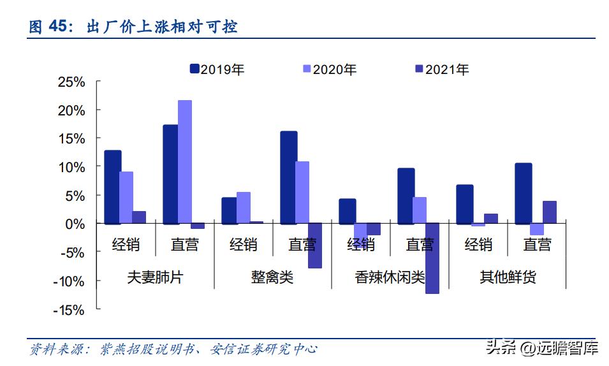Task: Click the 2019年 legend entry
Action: coord(217,70)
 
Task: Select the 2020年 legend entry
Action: coord(329,70)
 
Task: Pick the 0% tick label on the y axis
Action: coord(75,224)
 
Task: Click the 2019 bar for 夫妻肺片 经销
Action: coord(112,187)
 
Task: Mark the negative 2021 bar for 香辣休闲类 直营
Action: coord(432,258)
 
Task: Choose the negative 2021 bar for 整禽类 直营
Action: coord(315,245)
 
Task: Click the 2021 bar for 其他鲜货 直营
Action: coord(550,212)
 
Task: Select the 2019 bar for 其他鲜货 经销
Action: coord(464,204)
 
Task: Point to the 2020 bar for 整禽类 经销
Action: coord(244,208)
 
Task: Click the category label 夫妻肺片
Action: coord(155,277)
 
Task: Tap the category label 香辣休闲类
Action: coord(390,277)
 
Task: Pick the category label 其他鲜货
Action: coord(508,277)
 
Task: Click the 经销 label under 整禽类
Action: coord(243,245)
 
